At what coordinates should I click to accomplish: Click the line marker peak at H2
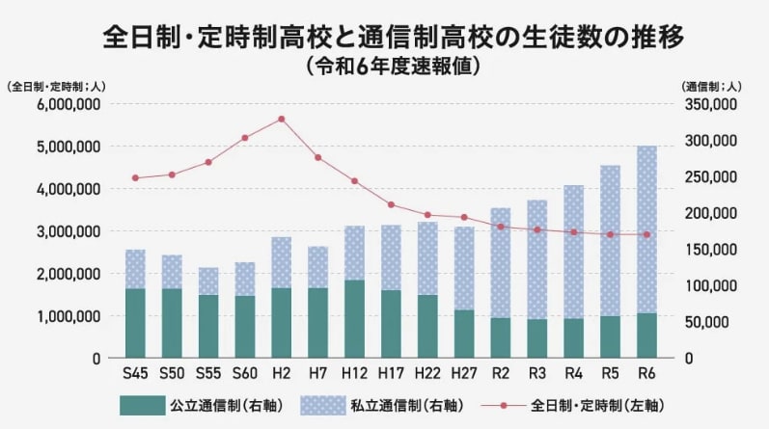tap(281, 119)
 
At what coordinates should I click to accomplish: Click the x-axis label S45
tap(135, 373)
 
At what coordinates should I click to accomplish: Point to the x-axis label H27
tap(463, 373)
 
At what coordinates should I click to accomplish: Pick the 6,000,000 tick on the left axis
tap(69, 104)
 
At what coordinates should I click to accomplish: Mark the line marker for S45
tap(135, 177)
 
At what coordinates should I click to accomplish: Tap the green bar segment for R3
tap(536, 338)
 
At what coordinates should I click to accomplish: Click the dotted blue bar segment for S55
tap(208, 282)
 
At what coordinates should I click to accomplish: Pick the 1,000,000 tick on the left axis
tap(69, 316)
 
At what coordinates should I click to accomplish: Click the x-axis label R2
tap(500, 373)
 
